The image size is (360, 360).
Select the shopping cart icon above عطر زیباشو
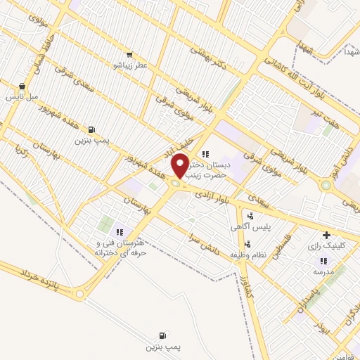[x=129, y=53]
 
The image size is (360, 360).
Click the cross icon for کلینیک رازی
[x=326, y=236]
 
